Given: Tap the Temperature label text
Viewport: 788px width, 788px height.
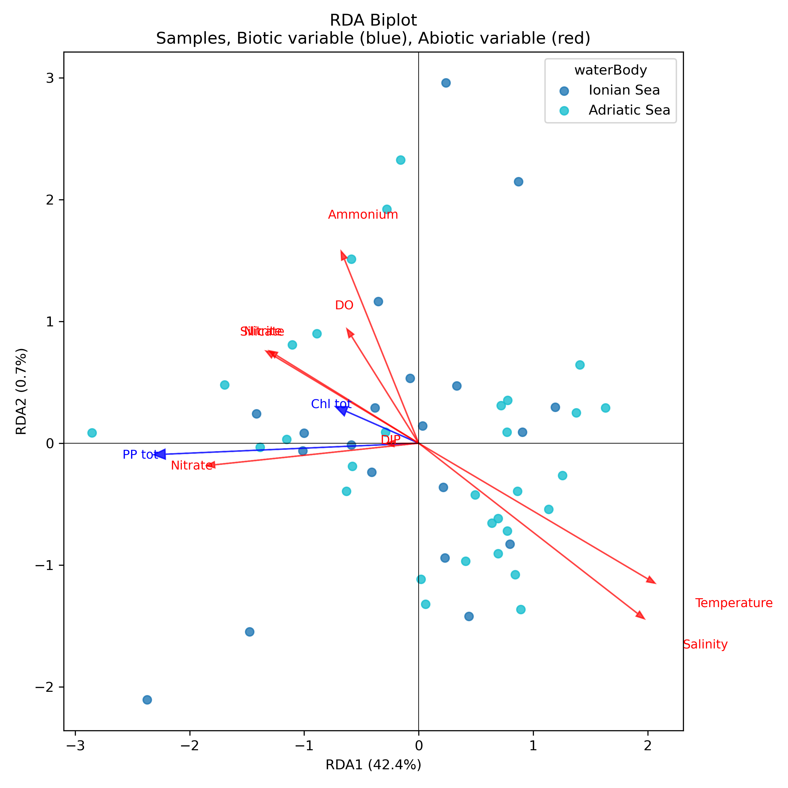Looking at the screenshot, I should click(x=734, y=603).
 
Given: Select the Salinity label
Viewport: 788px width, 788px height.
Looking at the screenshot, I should click(x=705, y=645).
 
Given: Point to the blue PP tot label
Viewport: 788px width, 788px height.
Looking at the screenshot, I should click(x=140, y=454).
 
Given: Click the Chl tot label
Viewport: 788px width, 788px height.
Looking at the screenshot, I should click(x=331, y=404).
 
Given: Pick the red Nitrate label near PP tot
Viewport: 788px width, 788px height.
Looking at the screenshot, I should click(x=192, y=465).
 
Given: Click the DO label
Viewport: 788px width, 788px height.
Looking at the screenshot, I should click(x=344, y=305).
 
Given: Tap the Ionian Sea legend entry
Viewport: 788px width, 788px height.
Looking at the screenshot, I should click(x=624, y=90).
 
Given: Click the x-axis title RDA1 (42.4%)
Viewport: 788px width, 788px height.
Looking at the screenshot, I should click(x=373, y=765).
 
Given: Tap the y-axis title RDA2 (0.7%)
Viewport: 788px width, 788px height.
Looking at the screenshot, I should click(x=21, y=392).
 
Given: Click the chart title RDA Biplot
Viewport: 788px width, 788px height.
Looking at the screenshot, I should click(x=373, y=20).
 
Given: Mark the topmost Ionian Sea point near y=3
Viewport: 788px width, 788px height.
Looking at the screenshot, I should click(x=446, y=83).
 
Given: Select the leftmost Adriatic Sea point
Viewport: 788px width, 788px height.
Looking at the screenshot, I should click(x=92, y=433).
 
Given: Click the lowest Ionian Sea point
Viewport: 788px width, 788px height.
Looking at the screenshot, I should click(x=147, y=700).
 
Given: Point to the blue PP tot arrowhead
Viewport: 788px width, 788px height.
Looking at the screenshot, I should click(x=160, y=454).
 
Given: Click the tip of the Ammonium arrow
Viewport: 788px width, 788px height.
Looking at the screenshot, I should click(x=341, y=251).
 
